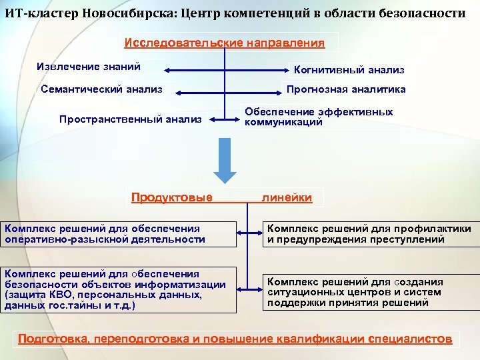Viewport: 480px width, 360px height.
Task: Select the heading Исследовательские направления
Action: [225, 43]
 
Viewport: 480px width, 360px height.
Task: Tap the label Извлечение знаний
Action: [89, 67]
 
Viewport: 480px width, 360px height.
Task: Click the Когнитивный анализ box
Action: [349, 69]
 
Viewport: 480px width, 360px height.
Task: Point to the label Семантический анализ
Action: [101, 89]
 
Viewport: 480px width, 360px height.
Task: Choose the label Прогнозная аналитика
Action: [345, 89]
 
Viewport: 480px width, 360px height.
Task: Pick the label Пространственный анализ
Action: [130, 119]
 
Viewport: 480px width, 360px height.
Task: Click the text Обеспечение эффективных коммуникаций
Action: [319, 117]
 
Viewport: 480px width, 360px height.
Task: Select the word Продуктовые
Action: [172, 197]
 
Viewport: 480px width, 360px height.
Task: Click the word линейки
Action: [287, 197]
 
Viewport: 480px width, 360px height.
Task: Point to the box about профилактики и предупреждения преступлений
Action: [369, 234]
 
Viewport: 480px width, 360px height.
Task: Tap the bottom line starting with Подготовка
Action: [235, 339]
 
